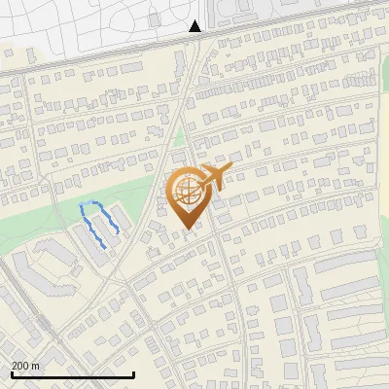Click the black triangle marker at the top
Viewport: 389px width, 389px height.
pos(194,26)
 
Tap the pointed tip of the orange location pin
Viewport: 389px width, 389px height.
pos(188,228)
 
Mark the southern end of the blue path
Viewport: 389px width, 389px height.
pos(103,248)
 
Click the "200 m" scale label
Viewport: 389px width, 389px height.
pos(25,365)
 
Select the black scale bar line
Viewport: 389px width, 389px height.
pos(73,374)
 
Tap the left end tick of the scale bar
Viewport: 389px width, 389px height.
pos(13,373)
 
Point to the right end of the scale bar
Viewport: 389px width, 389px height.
pos(133,373)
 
